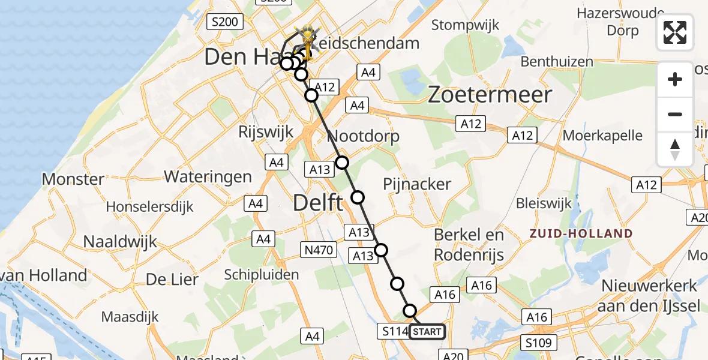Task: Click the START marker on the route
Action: coord(427,332)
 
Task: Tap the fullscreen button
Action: coord(675,32)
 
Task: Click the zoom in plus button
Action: coord(675,79)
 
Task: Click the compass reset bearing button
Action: coord(675,149)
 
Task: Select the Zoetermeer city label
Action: coord(490,95)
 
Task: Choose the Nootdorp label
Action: coord(364,137)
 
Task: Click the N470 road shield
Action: coord(317,250)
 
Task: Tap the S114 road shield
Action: coord(394,331)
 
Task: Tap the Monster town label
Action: coord(73,179)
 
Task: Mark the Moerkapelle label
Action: coord(602,136)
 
